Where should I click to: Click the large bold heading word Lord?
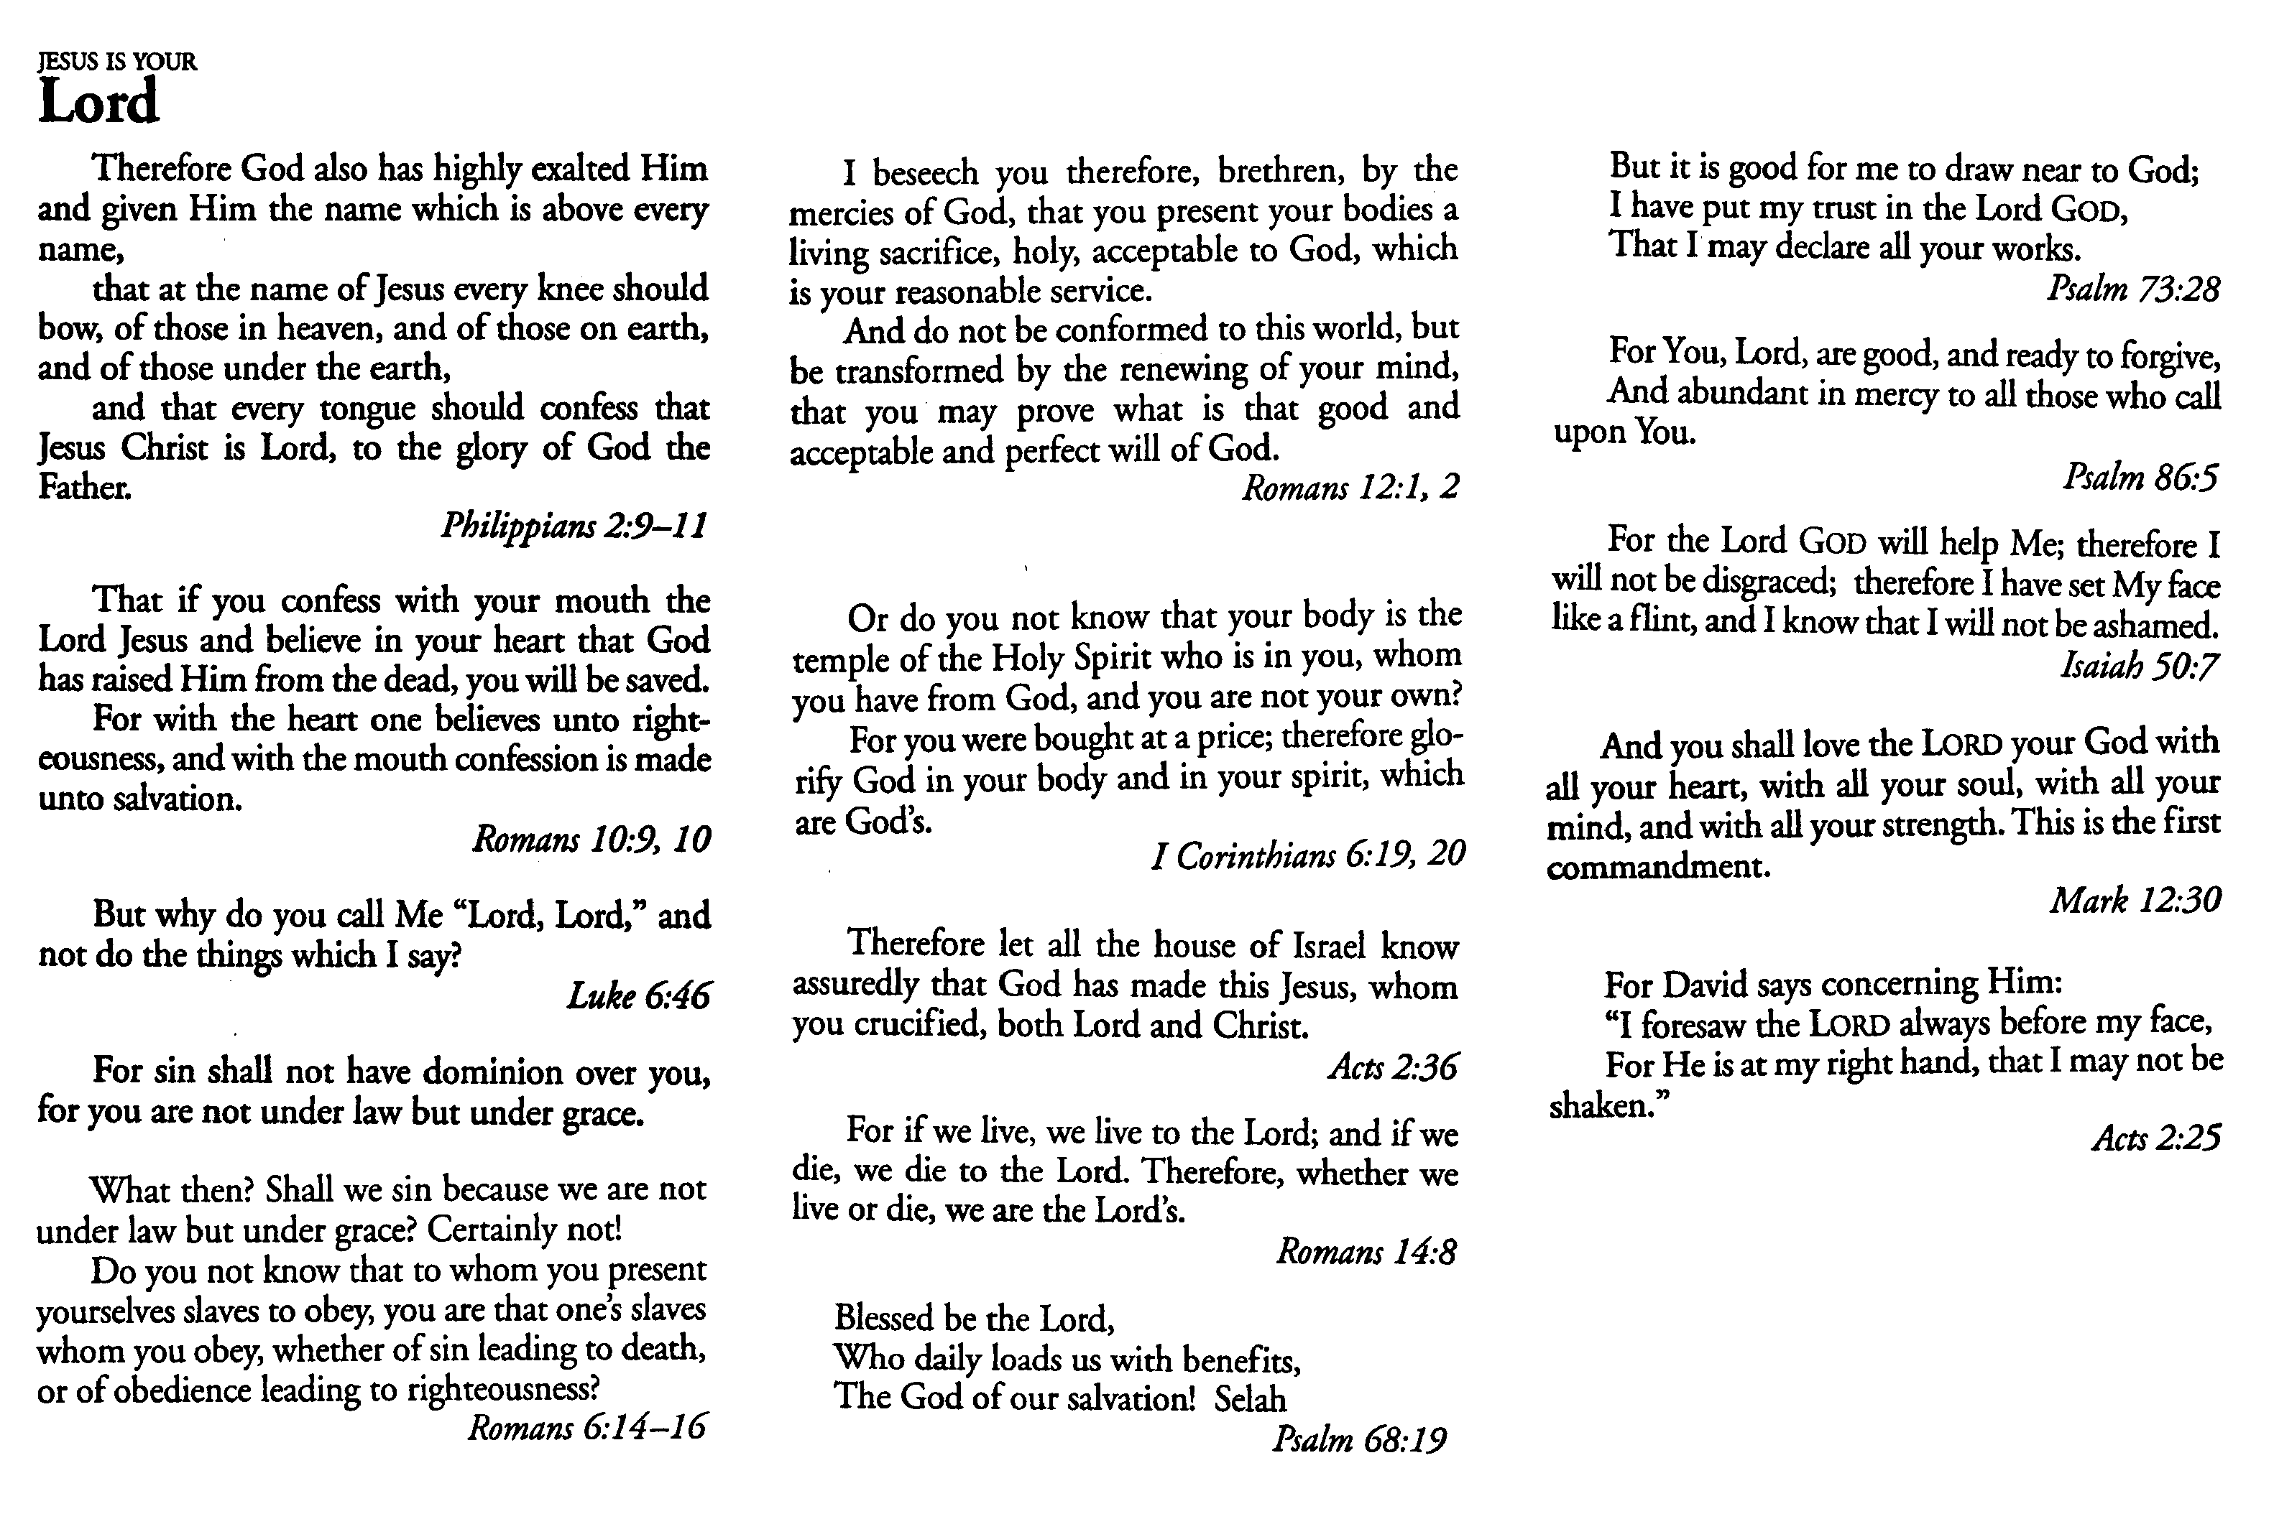click(x=98, y=103)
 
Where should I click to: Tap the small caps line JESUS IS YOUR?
click(x=117, y=62)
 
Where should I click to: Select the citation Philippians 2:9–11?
click(x=574, y=527)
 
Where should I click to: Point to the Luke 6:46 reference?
click(x=638, y=995)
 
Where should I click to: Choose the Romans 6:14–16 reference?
click(x=586, y=1427)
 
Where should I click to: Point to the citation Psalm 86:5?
click(x=2141, y=477)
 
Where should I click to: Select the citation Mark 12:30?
click(x=2135, y=901)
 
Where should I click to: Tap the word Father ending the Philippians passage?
click(x=84, y=488)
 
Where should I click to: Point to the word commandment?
click(x=1657, y=867)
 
